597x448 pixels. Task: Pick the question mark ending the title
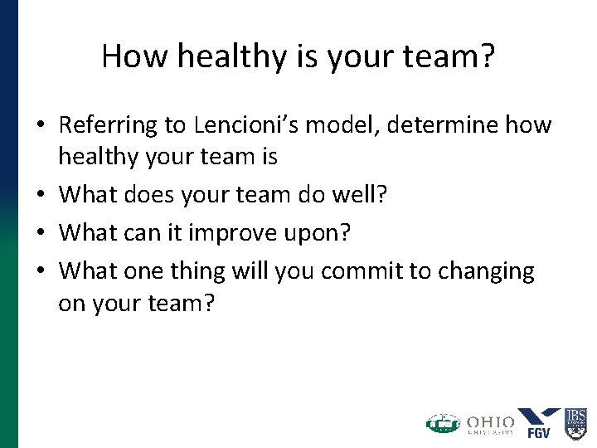[487, 56]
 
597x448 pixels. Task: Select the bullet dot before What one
[40, 271]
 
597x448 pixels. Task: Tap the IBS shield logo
[576, 422]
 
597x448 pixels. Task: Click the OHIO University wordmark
[489, 424]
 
